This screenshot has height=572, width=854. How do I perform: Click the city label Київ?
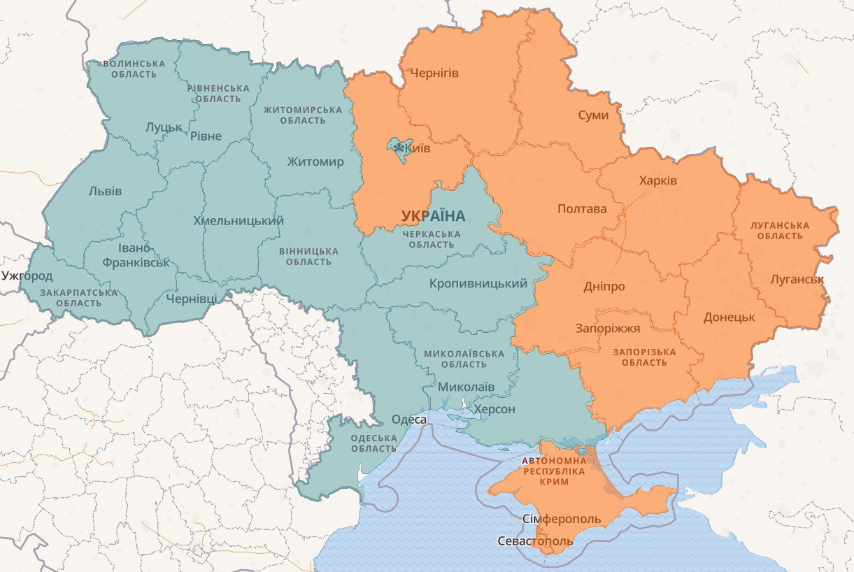(418, 148)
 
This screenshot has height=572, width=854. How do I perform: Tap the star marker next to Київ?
(399, 148)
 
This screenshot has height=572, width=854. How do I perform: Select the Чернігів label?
(434, 73)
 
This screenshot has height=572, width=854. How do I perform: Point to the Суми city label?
(593, 115)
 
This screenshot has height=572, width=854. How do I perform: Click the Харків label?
(657, 180)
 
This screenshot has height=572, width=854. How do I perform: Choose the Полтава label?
(582, 208)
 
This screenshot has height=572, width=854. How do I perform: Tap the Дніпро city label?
(604, 287)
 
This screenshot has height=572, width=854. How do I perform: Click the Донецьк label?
(729, 317)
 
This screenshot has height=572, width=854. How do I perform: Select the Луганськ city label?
(797, 280)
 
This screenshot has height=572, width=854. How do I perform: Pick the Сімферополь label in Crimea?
(562, 519)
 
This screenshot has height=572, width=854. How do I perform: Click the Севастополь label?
(535, 541)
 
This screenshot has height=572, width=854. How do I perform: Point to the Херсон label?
(494, 409)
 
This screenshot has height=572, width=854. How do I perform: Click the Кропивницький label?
(478, 283)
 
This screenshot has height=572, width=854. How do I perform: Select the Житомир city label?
(315, 162)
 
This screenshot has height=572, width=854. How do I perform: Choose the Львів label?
(105, 191)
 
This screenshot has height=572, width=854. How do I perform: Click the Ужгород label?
(27, 276)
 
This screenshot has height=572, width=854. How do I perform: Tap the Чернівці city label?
(191, 299)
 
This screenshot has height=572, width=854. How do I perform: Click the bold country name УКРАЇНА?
(433, 215)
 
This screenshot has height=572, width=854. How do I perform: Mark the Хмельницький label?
(238, 221)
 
